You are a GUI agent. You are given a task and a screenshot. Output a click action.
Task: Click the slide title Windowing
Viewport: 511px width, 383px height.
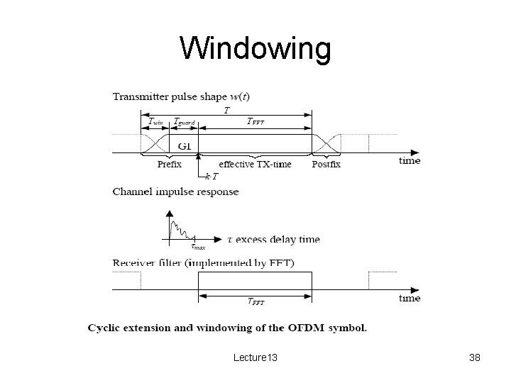[x=255, y=50]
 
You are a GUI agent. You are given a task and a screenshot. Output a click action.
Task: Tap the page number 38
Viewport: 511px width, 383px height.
[x=475, y=358]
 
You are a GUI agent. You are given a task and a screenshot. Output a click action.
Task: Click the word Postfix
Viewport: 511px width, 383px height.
[x=326, y=164]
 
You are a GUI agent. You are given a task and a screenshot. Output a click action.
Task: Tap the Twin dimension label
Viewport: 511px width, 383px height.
[x=155, y=122]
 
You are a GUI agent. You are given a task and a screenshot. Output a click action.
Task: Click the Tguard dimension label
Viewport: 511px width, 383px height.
[x=184, y=121]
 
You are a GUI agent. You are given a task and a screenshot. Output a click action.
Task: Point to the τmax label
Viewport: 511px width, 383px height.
[x=198, y=247]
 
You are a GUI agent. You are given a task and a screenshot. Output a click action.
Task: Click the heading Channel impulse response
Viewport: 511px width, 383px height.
[x=175, y=191]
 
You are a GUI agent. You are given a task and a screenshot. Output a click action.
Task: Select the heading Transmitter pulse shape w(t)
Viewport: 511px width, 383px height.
[x=180, y=96]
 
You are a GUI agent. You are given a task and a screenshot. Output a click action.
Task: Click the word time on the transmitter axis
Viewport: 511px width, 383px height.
[x=410, y=161]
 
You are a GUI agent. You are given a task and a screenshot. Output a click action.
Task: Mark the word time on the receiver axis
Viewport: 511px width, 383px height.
[x=410, y=299]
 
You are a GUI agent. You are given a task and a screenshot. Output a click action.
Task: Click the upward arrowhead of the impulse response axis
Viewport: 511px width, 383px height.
[x=169, y=213]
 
